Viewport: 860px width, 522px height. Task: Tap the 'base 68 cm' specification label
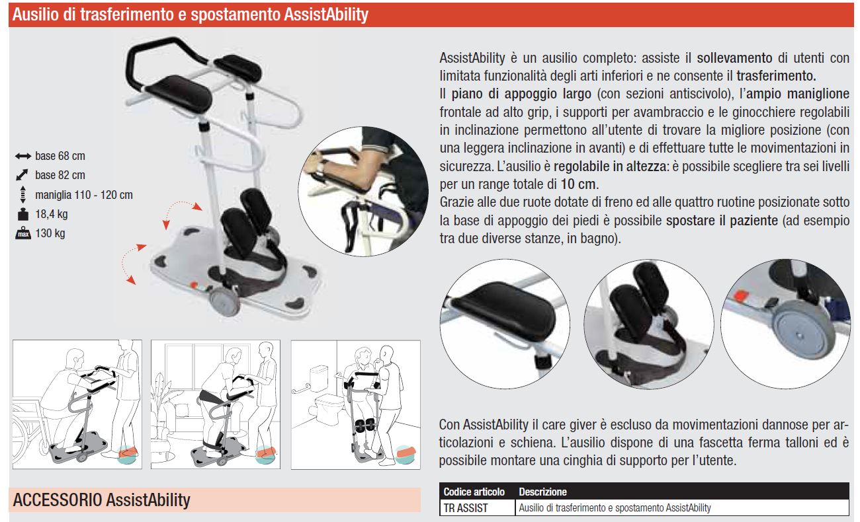tap(60, 156)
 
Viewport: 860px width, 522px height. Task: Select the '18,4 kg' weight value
tap(52, 214)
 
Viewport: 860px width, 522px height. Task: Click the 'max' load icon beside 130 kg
tap(23, 233)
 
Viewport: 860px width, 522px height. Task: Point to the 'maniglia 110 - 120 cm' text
tap(84, 195)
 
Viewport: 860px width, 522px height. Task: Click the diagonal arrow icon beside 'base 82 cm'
tap(22, 175)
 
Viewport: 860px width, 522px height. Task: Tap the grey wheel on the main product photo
tap(224, 301)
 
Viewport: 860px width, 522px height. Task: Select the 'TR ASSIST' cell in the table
tap(465, 508)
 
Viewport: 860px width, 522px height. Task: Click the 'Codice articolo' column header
tap(474, 492)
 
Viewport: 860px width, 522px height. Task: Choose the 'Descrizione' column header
tap(542, 492)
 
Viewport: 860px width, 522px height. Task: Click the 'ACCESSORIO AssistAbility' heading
tap(101, 500)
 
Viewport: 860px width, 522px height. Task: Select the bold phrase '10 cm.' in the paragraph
tap(580, 184)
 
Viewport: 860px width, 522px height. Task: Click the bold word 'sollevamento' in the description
tap(734, 58)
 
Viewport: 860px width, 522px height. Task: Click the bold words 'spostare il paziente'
tap(722, 221)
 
